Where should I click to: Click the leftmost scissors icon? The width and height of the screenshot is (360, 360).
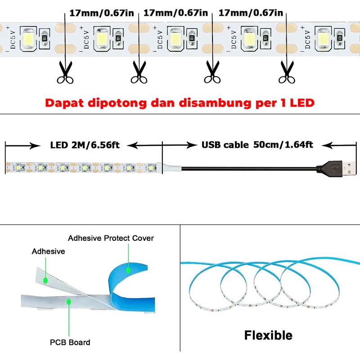click(x=65, y=72)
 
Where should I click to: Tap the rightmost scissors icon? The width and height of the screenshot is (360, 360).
click(x=287, y=72)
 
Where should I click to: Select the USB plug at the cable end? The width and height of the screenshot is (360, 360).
click(x=337, y=169)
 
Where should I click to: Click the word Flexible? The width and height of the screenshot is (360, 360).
click(x=268, y=335)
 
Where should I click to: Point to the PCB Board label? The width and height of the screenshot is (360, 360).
click(x=70, y=342)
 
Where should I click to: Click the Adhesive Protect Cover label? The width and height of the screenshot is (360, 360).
click(x=111, y=238)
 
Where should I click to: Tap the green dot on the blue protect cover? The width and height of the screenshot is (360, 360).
click(x=128, y=270)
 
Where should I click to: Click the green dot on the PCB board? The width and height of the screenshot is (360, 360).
click(x=69, y=301)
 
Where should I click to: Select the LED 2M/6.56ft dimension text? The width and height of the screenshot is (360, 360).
click(x=85, y=145)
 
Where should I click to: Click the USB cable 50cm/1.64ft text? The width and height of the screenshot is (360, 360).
click(x=257, y=145)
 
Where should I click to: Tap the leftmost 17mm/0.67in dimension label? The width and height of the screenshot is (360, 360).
click(x=102, y=13)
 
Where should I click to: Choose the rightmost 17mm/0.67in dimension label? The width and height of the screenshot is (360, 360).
click(x=251, y=13)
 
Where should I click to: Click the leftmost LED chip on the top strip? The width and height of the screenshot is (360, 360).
click(x=28, y=38)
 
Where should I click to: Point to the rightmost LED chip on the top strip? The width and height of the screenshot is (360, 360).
click(x=323, y=39)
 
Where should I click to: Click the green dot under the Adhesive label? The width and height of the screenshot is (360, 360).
click(x=45, y=280)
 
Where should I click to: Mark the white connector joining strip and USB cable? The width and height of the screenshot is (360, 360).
click(x=172, y=168)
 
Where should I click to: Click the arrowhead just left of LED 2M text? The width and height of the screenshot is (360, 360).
click(x=35, y=145)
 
